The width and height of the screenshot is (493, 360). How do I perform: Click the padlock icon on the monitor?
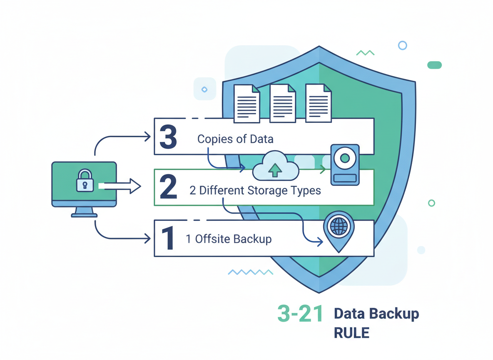point(85,180)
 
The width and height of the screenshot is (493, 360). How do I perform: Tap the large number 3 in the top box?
point(168,137)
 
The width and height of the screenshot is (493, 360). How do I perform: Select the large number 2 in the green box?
point(168,187)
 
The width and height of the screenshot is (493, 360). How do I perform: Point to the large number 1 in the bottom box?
point(168,239)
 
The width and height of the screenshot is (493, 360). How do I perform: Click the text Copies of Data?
point(235,139)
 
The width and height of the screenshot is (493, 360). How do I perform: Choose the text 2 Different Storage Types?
point(255,190)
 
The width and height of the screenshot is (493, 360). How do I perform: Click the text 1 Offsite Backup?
point(229,239)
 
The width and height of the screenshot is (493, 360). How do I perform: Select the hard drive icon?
point(344,165)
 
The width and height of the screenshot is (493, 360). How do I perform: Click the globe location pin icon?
point(339,230)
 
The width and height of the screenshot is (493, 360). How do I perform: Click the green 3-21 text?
point(300,314)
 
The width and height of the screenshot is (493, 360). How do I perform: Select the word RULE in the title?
point(351,333)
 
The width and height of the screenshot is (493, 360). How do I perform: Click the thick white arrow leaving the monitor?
point(120,186)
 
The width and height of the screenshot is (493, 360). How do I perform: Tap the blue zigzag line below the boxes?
point(250,272)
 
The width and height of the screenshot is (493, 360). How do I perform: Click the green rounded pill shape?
point(434,65)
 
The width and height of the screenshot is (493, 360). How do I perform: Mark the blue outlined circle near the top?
point(402,45)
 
